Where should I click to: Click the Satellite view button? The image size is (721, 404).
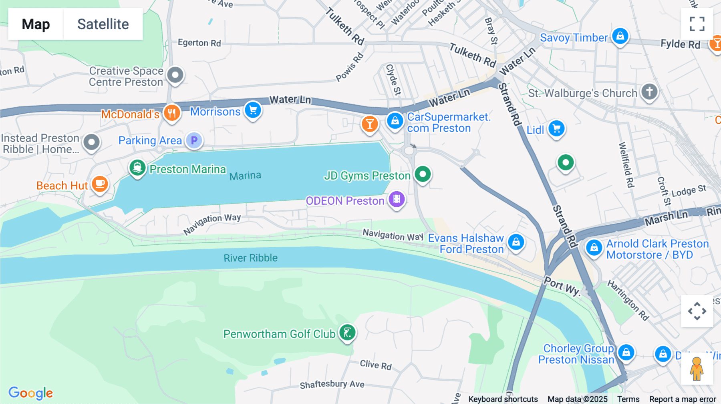tap(103, 24)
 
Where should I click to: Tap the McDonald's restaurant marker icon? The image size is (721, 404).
tap(172, 112)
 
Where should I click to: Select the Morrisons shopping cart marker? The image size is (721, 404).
tap(253, 110)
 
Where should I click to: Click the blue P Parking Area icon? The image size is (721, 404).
tap(194, 140)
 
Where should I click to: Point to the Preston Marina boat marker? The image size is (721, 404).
tap(137, 168)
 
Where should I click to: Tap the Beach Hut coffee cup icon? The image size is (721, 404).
tap(100, 184)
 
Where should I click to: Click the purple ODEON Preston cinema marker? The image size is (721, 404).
tap(397, 199)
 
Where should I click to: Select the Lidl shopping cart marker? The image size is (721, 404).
tap(556, 128)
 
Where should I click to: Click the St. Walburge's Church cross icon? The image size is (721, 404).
tap(649, 92)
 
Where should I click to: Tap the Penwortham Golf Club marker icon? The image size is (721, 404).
tap(347, 332)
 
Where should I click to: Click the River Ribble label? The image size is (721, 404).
tap(250, 258)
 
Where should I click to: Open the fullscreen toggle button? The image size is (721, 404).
tap(697, 24)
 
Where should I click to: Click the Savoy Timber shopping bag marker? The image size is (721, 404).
tap(620, 36)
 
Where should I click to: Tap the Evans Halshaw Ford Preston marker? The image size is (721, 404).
tap(516, 242)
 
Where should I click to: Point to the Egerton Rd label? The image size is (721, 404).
tap(199, 43)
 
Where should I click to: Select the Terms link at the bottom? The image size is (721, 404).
tap(628, 399)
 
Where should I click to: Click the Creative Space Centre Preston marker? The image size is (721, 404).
tap(175, 75)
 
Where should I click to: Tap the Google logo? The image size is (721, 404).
tap(31, 393)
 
